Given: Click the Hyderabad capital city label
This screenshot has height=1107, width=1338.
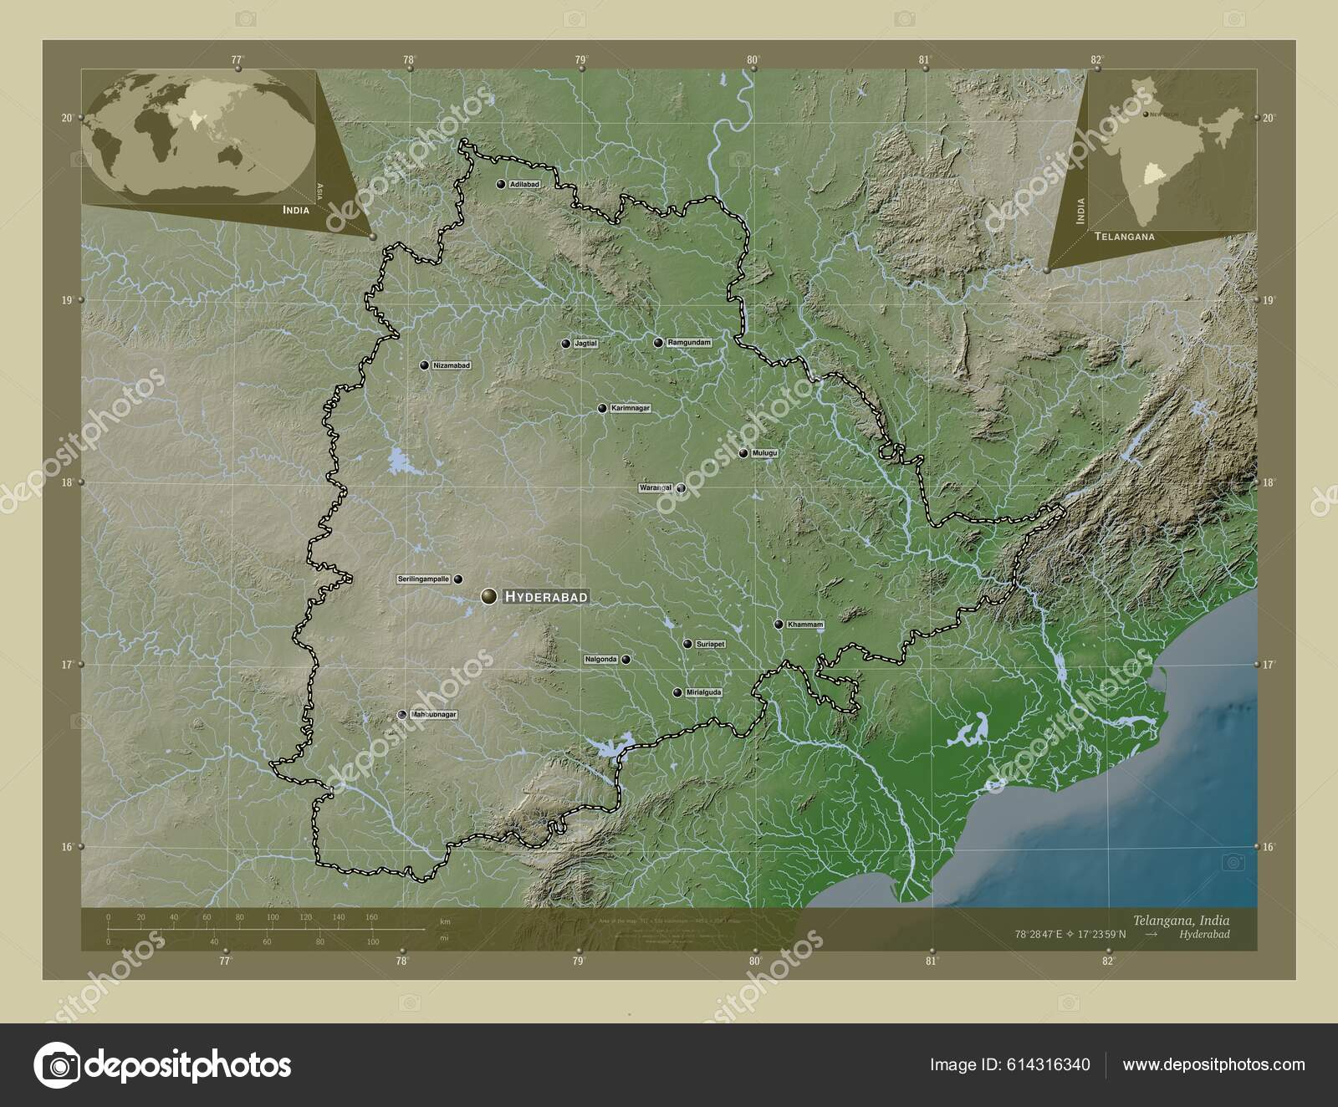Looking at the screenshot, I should pyautogui.click(x=546, y=597).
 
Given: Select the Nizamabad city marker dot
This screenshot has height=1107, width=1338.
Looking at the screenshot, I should pyautogui.click(x=424, y=365).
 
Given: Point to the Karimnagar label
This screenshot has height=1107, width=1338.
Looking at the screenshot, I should pyautogui.click(x=629, y=408).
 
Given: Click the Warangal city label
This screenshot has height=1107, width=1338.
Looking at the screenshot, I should pyautogui.click(x=656, y=487).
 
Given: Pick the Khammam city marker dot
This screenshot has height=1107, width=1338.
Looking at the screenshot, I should pyautogui.click(x=778, y=624).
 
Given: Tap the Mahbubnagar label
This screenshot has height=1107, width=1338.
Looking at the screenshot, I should pyautogui.click(x=433, y=715).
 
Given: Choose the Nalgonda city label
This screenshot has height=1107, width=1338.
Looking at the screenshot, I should pyautogui.click(x=601, y=660).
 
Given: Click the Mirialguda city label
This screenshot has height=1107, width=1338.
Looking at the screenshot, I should pyautogui.click(x=703, y=692).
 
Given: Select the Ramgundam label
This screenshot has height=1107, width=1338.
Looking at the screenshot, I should pyautogui.click(x=689, y=343).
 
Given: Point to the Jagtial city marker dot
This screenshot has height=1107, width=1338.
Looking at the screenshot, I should pyautogui.click(x=565, y=344).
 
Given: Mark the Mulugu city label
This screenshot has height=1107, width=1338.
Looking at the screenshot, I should pyautogui.click(x=764, y=453).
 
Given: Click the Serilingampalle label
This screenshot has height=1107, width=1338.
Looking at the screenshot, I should pyautogui.click(x=424, y=579).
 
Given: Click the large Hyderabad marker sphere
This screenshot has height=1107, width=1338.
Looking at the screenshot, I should pyautogui.click(x=489, y=596).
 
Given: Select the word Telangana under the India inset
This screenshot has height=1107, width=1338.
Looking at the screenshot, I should pyautogui.click(x=1123, y=237).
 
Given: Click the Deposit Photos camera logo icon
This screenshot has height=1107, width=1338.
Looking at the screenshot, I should pyautogui.click(x=57, y=1065).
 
